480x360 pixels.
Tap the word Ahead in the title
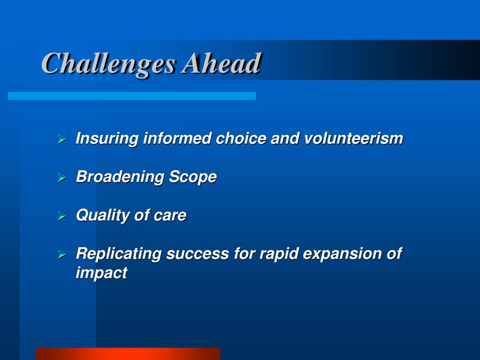click(221, 63)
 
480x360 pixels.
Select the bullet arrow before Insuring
click(62, 140)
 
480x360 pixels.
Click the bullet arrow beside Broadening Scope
click(62, 178)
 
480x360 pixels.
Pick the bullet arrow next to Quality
click(62, 216)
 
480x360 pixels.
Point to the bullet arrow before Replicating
click(62, 255)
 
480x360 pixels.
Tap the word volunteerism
click(353, 138)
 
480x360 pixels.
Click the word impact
click(101, 273)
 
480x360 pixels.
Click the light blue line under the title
click(132, 96)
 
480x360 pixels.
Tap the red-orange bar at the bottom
click(128, 354)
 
